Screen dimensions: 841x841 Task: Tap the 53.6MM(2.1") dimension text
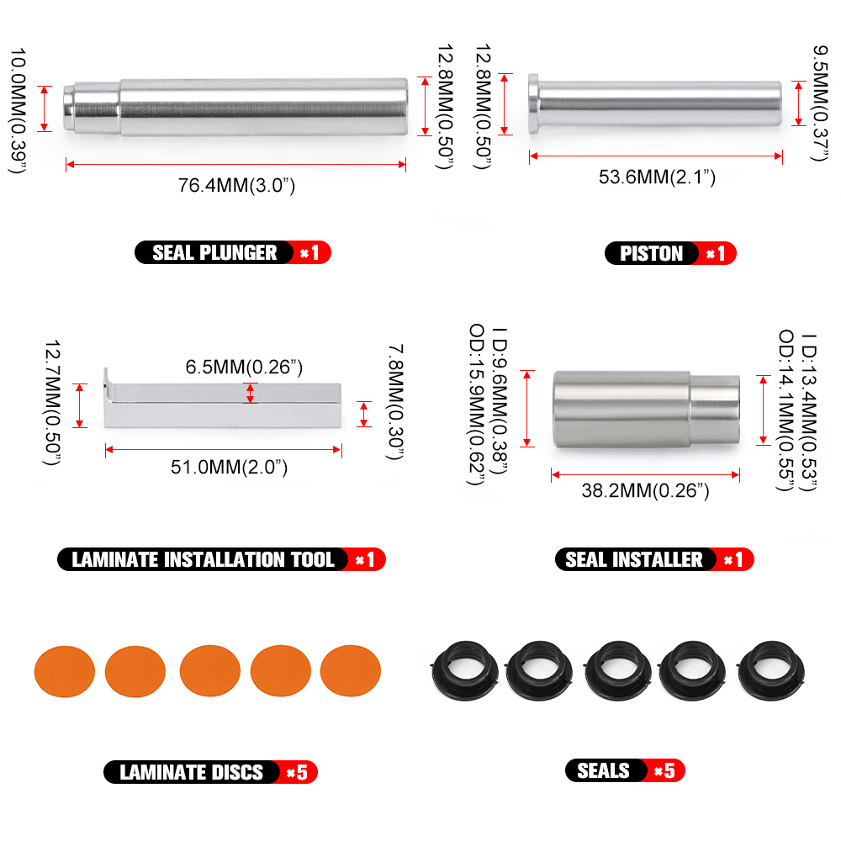[657, 177]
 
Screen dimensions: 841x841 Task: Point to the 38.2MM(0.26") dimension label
[645, 491]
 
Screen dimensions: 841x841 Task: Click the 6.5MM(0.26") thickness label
[244, 367]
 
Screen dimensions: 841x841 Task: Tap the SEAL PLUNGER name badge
[214, 252]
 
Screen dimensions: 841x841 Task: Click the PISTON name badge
[651, 253]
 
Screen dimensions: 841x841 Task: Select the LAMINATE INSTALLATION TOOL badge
[203, 560]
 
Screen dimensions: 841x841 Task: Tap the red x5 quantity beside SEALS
[664, 770]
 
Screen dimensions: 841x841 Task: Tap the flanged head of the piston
[533, 104]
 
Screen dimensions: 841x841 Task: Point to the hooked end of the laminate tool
[108, 395]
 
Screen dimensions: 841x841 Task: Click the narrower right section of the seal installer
[715, 410]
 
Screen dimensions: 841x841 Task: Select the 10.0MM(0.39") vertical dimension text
[19, 109]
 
